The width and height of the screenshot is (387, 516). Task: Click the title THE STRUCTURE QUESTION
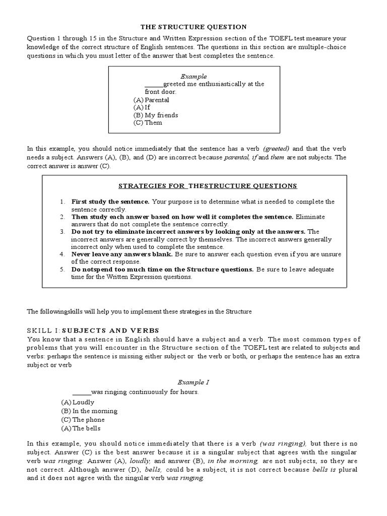coord(193,27)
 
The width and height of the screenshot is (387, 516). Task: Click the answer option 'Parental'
coord(157,100)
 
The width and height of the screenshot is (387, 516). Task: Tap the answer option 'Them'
coord(153,122)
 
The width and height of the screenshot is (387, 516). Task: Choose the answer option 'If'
coord(148,107)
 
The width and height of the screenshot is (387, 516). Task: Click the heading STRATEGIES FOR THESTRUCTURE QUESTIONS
coord(208,186)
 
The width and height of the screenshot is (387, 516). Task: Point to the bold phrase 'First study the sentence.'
coord(110,202)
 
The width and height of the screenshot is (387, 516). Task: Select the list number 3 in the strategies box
coord(62,232)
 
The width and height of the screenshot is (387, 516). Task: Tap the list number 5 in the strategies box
coord(62,270)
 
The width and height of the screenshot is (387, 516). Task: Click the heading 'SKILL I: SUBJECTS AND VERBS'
coord(93,331)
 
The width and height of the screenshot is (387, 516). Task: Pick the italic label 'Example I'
coord(194,382)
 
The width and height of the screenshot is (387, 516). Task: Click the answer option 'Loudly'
coord(84,403)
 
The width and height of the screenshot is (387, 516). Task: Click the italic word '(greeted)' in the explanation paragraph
coord(276,149)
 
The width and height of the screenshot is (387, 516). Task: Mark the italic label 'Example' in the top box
coord(194,77)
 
